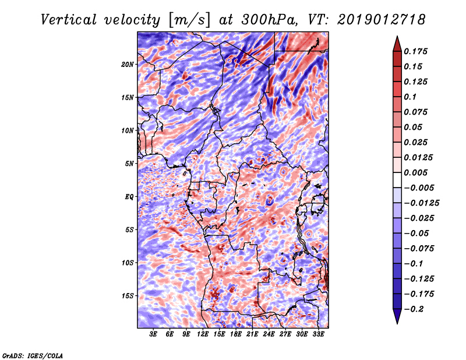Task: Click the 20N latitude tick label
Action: pyautogui.click(x=128, y=64)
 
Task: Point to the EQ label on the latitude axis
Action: pyautogui.click(x=129, y=196)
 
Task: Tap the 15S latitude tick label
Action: pyautogui.click(x=128, y=296)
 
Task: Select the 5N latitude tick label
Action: pyautogui.click(x=130, y=164)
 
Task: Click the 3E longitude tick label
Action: pyautogui.click(x=154, y=335)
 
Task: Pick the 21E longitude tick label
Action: pyautogui.click(x=252, y=335)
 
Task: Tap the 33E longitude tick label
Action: pyautogui.click(x=318, y=335)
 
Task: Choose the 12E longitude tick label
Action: pyautogui.click(x=203, y=335)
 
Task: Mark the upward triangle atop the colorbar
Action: pyautogui.click(x=397, y=43)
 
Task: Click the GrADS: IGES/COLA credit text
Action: pyautogui.click(x=32, y=355)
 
